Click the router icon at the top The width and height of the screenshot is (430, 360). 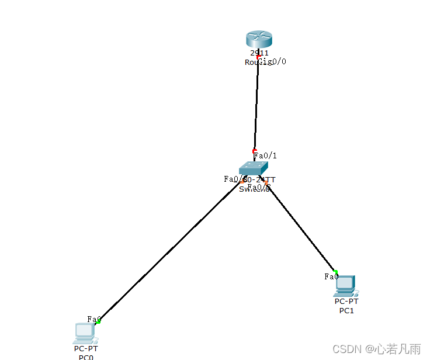(259, 39)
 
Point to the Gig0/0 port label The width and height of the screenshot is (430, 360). (273, 61)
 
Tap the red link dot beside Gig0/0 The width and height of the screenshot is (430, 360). (259, 57)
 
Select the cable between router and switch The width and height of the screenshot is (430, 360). (256, 105)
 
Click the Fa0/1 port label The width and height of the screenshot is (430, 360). (266, 156)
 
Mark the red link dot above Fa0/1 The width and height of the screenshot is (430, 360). (255, 151)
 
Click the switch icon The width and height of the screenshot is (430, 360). (254, 168)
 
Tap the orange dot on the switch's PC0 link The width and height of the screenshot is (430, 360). (242, 182)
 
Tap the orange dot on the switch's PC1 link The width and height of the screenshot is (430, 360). (266, 183)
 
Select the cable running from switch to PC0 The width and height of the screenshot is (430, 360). (169, 251)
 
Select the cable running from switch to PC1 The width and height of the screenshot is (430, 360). (301, 228)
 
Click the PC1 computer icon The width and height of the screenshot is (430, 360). (346, 285)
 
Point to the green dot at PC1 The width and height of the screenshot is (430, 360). (336, 272)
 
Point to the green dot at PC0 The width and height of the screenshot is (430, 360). (99, 321)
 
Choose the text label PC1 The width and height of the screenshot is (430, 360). (346, 311)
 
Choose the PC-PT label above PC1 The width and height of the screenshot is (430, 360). (346, 302)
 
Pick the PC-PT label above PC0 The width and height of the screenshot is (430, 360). (86, 349)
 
